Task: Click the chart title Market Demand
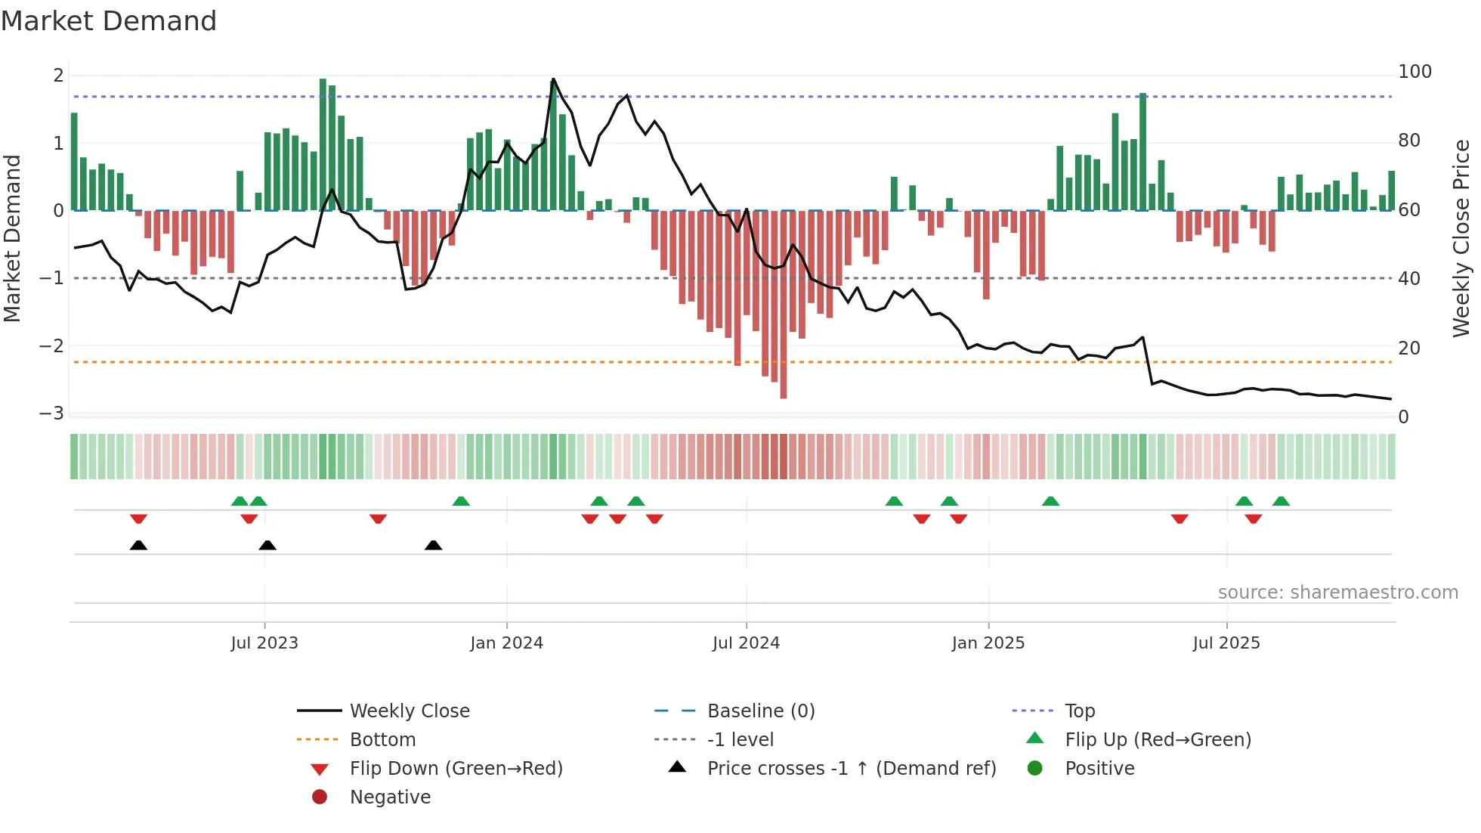[109, 21]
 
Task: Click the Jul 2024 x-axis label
[746, 643]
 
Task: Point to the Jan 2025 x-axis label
[988, 643]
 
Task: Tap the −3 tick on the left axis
[51, 413]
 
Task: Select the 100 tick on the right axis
[1415, 72]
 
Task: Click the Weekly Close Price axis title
[1461, 238]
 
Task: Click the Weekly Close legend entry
[409, 711]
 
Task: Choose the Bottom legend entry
[382, 740]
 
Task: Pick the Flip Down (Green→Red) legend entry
[456, 769]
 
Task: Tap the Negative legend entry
[390, 797]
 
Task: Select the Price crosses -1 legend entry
[851, 769]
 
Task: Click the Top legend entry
[1080, 711]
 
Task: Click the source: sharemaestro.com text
[1337, 593]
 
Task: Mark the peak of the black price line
[553, 79]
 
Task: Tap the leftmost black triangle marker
[138, 545]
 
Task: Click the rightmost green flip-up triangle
[1281, 501]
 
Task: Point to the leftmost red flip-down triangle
[138, 519]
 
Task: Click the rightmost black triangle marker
[433, 545]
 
